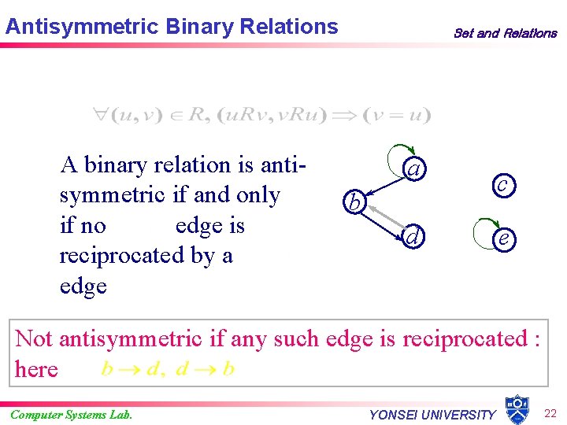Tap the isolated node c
click(x=502, y=183)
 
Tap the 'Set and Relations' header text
click(x=505, y=33)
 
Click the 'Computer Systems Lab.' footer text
click(x=71, y=414)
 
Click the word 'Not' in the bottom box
click(x=34, y=339)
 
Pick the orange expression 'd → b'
click(x=205, y=369)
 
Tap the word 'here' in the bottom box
click(x=36, y=369)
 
